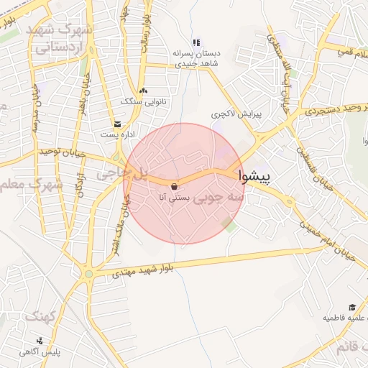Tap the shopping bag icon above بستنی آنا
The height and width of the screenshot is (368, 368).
(x=175, y=185)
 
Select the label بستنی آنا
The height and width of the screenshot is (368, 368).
(x=175, y=195)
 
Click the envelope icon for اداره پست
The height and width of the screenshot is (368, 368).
(x=117, y=124)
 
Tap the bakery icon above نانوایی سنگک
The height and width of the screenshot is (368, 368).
(x=144, y=91)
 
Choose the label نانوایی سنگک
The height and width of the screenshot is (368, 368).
(x=143, y=102)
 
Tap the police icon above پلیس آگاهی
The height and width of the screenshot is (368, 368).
(x=40, y=341)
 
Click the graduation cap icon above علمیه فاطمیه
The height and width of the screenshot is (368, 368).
(x=351, y=306)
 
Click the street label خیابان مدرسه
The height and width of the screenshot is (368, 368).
(x=34, y=108)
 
